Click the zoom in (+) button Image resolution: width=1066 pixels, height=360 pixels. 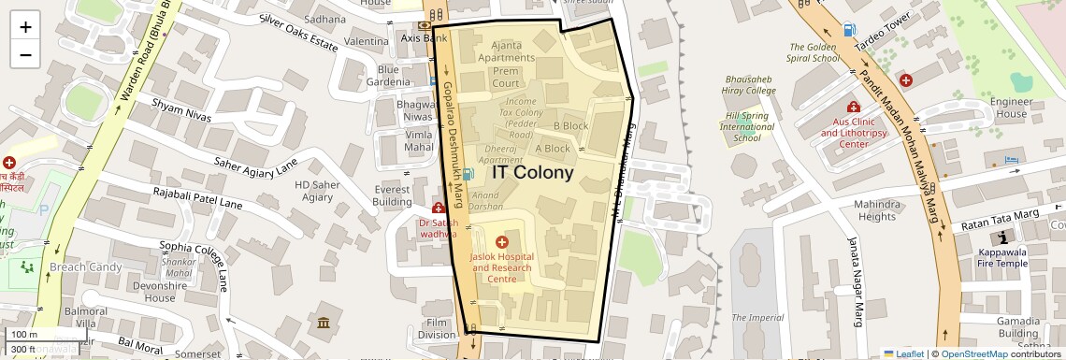pyautogui.click(x=25, y=27)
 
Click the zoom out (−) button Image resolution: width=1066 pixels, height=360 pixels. pyautogui.click(x=25, y=54)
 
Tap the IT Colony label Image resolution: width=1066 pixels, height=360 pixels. pyautogui.click(x=532, y=173)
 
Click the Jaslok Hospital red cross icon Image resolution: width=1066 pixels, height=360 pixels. pyautogui.click(x=502, y=243)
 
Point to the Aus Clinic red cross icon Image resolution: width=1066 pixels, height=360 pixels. pyautogui.click(x=853, y=108)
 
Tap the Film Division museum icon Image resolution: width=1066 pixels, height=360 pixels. pyautogui.click(x=324, y=323)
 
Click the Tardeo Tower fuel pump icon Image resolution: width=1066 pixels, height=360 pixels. pyautogui.click(x=848, y=30)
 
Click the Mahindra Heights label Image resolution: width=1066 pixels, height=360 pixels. pyautogui.click(x=876, y=210)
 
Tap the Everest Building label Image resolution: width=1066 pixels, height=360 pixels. pyautogui.click(x=392, y=195)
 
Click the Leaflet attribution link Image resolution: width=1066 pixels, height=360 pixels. pyautogui.click(x=903, y=353)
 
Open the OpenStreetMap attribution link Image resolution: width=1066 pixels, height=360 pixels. pyautogui.click(x=973, y=353)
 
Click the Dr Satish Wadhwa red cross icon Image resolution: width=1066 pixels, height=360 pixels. pyautogui.click(x=438, y=208)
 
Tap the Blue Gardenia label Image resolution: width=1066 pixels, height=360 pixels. pyautogui.click(x=388, y=76)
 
